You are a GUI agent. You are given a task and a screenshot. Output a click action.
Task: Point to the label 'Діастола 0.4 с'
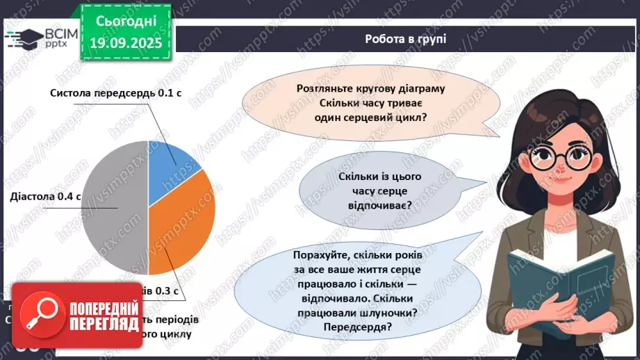(46, 197)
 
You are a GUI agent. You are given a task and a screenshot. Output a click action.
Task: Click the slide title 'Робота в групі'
(405, 39)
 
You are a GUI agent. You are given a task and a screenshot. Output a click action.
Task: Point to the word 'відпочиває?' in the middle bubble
(375, 206)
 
